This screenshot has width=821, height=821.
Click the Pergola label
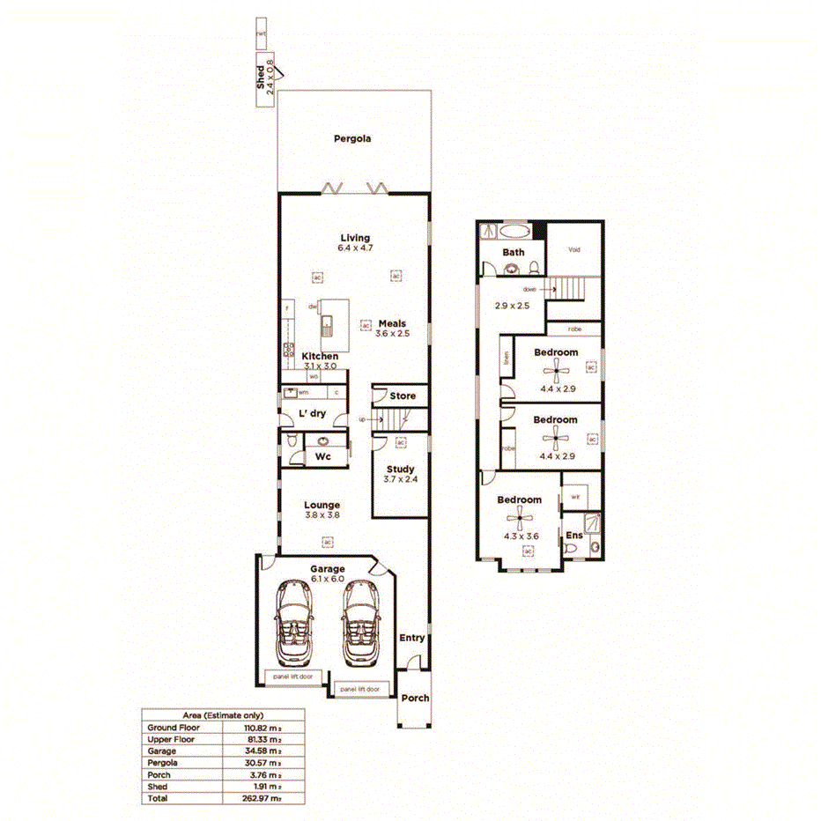point(352,138)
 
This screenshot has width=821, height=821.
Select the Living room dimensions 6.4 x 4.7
point(355,248)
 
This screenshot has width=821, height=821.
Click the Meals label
point(392,323)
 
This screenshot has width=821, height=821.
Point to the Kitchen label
point(320,356)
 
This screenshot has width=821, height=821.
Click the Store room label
point(403,396)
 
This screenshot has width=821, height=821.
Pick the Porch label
point(415,698)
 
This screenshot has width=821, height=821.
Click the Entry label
point(411,638)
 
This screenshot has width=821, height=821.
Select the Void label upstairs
point(574,249)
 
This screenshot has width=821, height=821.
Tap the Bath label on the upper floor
point(514,253)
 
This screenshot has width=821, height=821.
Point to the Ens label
point(573,535)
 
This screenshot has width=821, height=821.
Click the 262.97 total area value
point(262,797)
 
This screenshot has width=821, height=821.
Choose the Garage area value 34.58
point(262,751)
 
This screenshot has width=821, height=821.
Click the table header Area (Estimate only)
point(222,716)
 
